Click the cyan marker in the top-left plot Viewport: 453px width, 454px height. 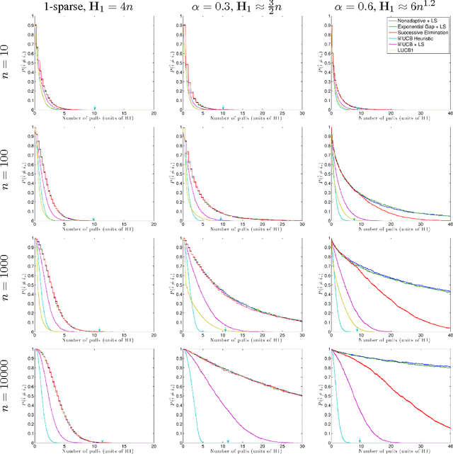coord(95,108)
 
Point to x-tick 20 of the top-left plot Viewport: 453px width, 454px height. coord(154,116)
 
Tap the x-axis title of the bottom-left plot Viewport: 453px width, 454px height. coord(95,451)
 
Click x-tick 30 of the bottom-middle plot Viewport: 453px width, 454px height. coord(302,451)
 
